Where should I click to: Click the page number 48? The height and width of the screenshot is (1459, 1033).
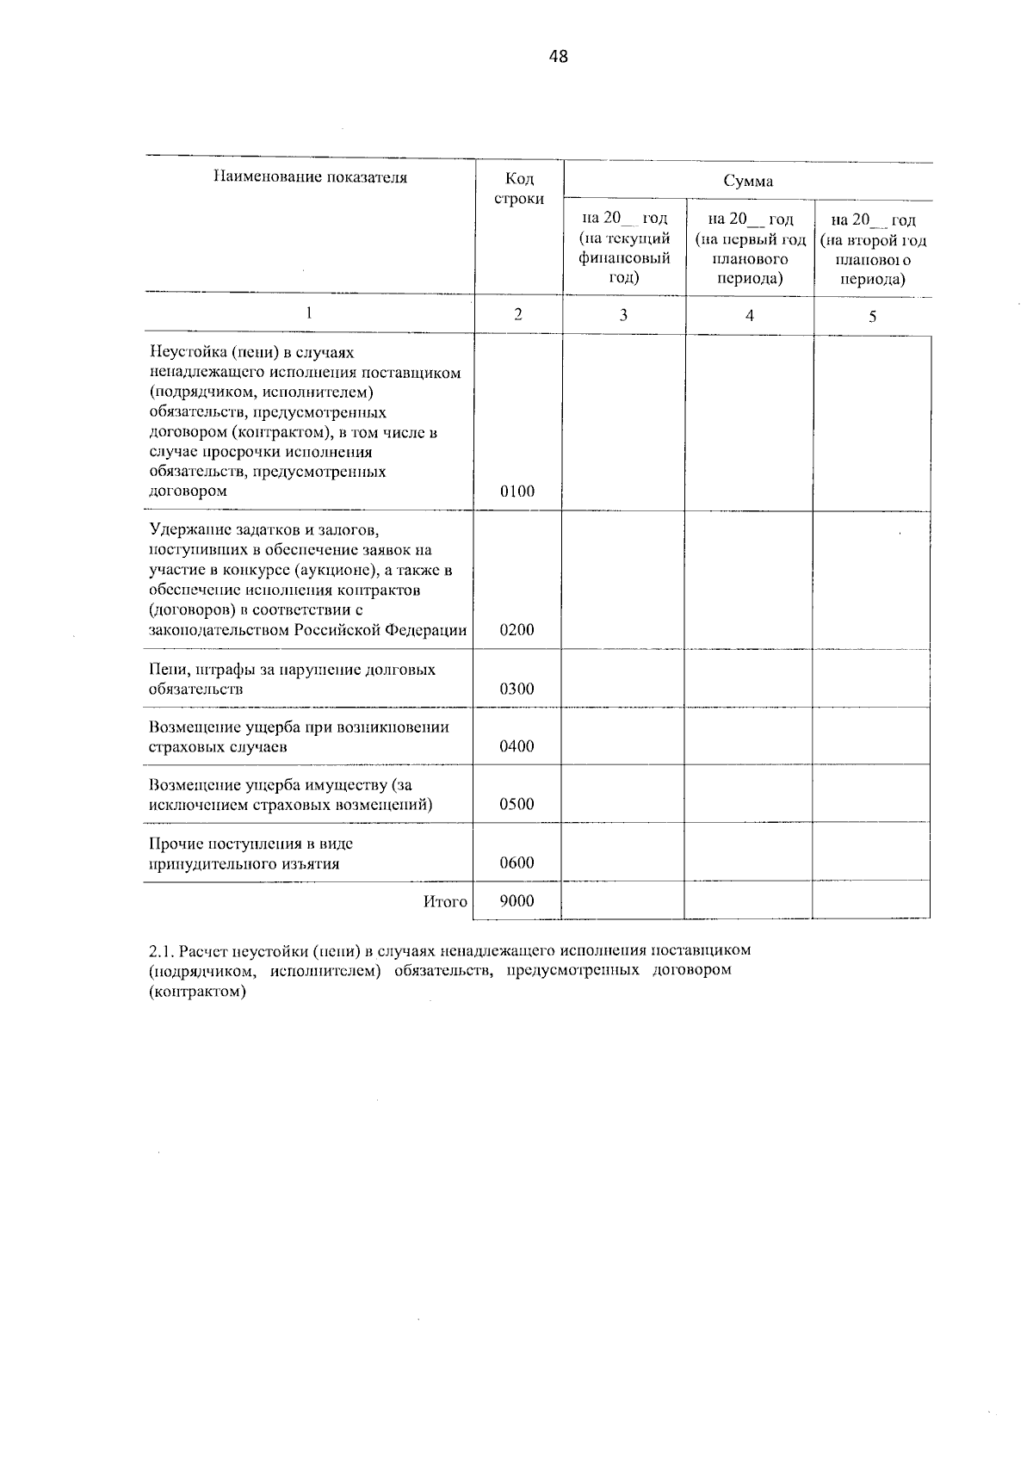coord(558,58)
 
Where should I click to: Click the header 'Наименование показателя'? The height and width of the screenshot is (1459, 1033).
coord(310,178)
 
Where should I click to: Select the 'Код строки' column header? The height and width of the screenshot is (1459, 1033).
coord(518,189)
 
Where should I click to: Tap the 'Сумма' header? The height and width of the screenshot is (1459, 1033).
coord(748,181)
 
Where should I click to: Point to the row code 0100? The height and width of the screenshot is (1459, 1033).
coord(517,491)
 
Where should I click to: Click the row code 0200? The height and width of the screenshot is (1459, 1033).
coord(517,630)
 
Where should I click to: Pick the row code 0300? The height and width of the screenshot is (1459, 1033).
coord(517,689)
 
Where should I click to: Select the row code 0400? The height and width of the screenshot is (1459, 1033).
coord(517,746)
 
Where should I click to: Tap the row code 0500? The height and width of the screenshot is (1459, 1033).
coord(517,805)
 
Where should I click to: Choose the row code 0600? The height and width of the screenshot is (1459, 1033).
coord(517,863)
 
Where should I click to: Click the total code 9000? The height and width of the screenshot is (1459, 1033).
coord(517,901)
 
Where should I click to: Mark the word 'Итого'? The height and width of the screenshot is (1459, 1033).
coord(445,902)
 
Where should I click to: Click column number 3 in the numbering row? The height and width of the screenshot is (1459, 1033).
coord(623,315)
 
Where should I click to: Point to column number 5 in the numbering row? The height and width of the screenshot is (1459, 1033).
coord(872,317)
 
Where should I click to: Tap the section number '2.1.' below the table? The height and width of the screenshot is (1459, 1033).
coord(163,950)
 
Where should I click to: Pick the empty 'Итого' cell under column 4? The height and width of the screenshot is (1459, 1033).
coord(748,901)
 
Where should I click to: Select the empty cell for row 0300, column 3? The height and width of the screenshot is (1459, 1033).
coord(623,678)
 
